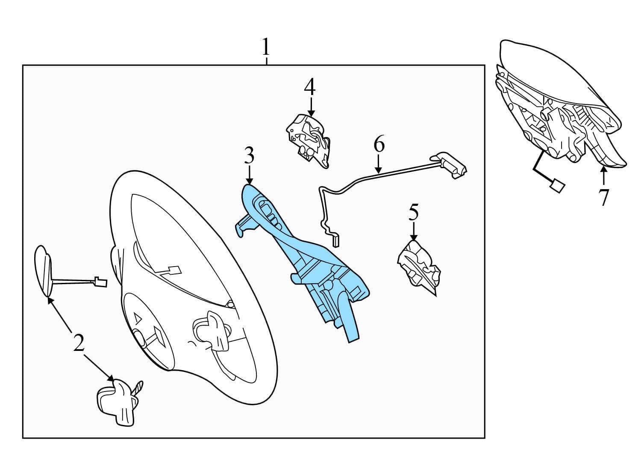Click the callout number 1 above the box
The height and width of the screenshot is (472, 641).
tap(266, 47)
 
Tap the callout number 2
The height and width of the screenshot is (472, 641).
tap(78, 343)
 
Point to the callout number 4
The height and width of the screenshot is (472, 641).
tap(310, 86)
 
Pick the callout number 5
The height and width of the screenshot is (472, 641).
tap(413, 213)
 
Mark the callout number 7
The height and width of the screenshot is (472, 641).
tap(603, 197)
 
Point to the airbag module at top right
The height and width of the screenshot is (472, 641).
tap(560, 107)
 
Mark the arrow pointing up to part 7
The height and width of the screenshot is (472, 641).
tap(603, 178)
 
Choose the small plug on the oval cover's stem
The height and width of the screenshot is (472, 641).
tap(99, 282)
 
